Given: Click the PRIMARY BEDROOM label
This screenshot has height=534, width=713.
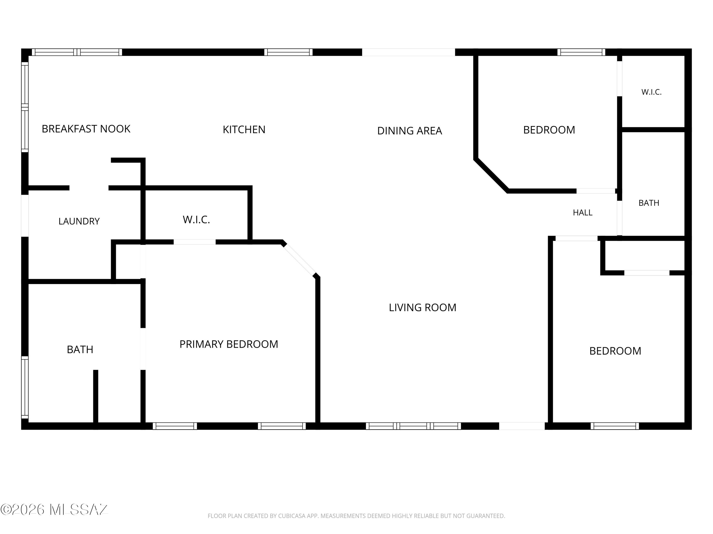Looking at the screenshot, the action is (x=229, y=344).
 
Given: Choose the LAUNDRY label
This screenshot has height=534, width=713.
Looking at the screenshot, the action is (x=79, y=221).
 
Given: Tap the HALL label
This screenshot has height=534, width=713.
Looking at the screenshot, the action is (x=583, y=213).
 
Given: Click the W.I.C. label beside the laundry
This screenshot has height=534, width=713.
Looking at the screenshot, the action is (x=196, y=220).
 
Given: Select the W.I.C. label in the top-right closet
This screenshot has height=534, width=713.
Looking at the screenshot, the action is (x=651, y=92).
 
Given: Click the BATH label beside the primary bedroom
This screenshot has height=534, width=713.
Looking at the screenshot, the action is (x=80, y=350).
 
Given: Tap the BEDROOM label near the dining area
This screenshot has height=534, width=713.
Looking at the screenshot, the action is (x=549, y=130).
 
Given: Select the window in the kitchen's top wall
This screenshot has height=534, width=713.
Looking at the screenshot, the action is (x=289, y=52).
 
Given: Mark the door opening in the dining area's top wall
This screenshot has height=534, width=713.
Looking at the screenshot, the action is (x=409, y=52).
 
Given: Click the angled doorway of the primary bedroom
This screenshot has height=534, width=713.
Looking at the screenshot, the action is (x=299, y=259).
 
